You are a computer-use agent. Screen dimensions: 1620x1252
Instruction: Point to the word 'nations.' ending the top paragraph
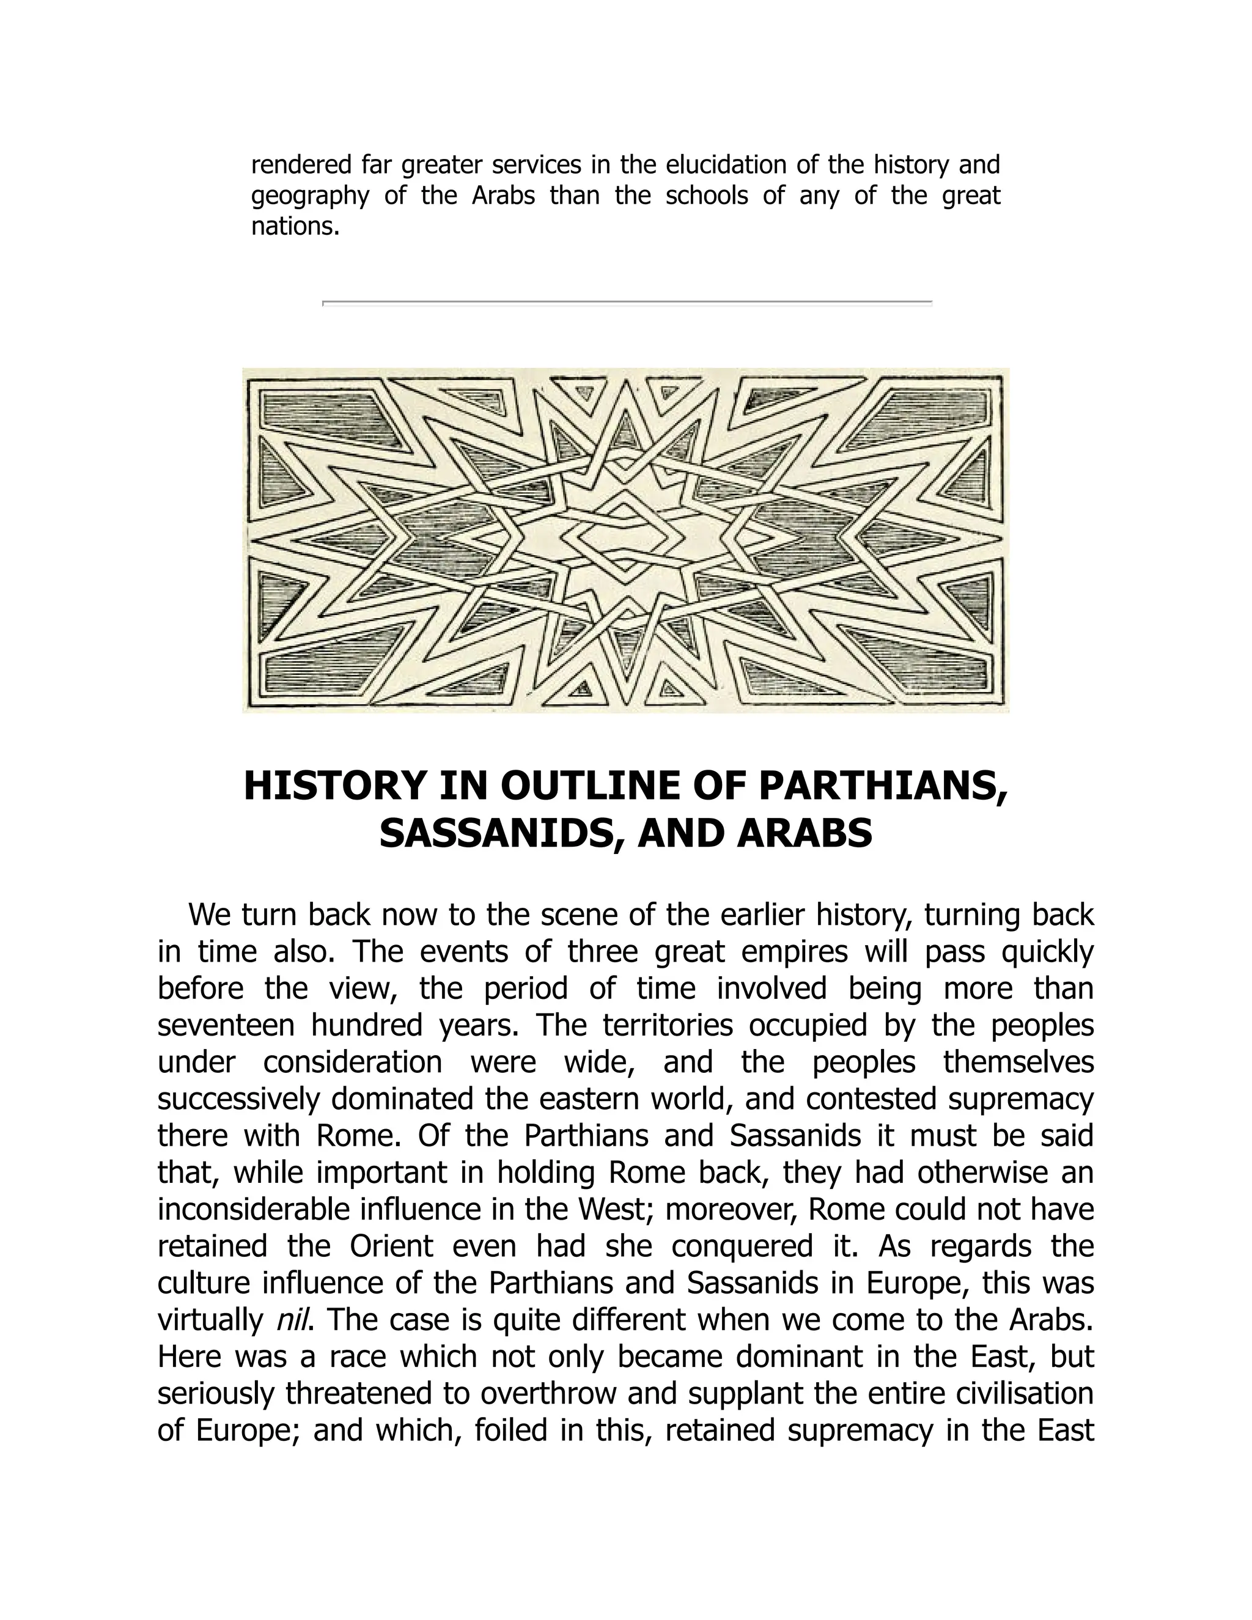coord(295,227)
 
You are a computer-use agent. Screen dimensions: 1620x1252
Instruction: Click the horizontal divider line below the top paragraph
coord(627,303)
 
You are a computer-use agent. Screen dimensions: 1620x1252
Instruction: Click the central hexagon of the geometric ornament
coord(625,539)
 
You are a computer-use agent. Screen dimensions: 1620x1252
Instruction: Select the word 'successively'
coord(237,1099)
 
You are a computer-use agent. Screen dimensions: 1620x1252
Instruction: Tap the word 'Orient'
coord(391,1245)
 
